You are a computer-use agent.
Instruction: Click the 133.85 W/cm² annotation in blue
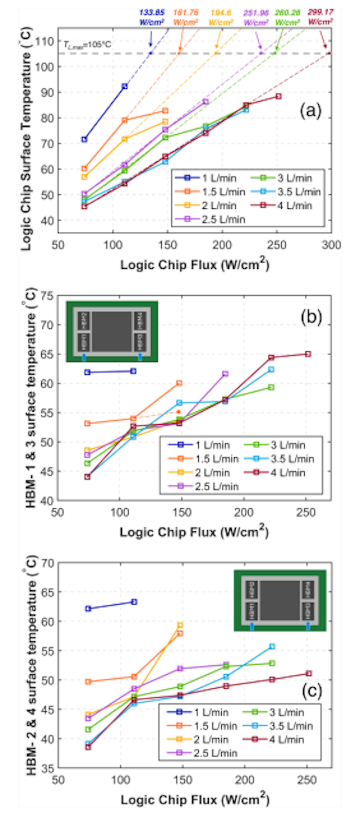click(152, 17)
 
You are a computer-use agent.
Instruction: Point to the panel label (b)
click(311, 317)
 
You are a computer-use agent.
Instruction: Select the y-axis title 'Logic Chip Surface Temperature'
click(26, 144)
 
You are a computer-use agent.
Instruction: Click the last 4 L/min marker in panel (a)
click(278, 96)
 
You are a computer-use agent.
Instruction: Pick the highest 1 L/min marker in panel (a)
click(125, 86)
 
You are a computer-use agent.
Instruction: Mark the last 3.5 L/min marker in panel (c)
click(272, 646)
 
